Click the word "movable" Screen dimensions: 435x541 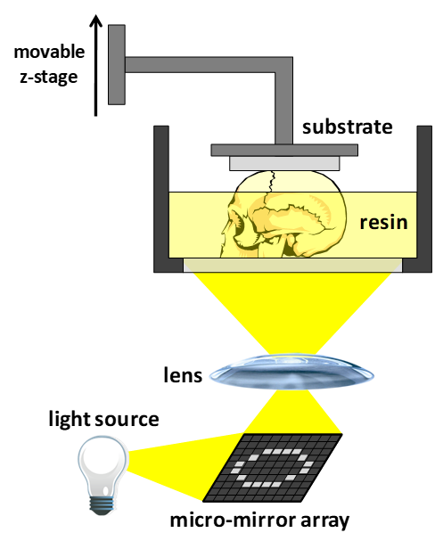49,52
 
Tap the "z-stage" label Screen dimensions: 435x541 49,78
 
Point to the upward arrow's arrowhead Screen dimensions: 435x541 96,20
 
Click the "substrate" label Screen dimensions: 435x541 348,127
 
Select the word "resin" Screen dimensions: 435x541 383,223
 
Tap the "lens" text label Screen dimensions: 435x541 183,375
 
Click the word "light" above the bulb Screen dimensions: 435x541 70,420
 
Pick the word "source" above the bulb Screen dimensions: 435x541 127,420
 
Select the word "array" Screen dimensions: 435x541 325,521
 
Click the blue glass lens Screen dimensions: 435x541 291,372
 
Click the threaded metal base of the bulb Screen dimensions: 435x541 102,505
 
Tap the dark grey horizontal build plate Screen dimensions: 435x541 284,150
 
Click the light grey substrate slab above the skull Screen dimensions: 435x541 284,163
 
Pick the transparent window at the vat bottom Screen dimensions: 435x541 293,265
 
